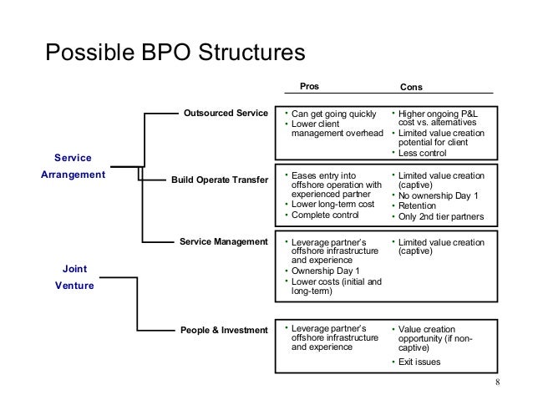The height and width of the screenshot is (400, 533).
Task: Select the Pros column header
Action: [x=309, y=85]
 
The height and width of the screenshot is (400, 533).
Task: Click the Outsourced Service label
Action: [x=226, y=113]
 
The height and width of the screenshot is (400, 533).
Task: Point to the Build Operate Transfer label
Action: [x=220, y=180]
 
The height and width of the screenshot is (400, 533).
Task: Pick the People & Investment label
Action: [x=224, y=330]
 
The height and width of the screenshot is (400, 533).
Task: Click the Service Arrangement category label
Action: [x=74, y=166]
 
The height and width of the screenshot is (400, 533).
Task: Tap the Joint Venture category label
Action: [x=74, y=276]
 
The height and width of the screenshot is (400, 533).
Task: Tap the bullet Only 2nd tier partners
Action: [x=439, y=217]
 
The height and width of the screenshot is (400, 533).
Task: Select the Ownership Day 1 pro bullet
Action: [x=324, y=271]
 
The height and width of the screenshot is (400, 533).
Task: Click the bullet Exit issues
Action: [x=419, y=362]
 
